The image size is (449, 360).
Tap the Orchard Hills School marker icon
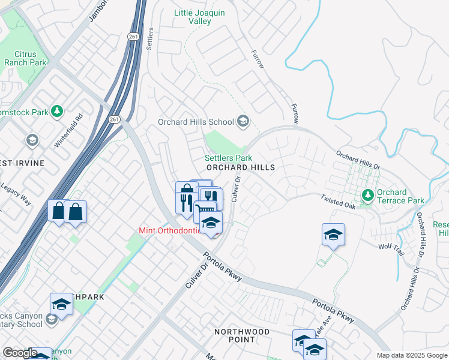[x=243, y=122]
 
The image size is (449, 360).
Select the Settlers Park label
[x=228, y=158]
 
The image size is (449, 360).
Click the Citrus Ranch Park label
[x=25, y=58]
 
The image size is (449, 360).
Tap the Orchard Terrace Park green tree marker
[x=367, y=196]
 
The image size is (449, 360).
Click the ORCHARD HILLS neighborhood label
[x=240, y=167]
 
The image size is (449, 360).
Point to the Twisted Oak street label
[x=338, y=202]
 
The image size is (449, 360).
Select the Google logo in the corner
[x=20, y=353]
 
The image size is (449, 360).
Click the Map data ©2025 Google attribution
[x=412, y=355]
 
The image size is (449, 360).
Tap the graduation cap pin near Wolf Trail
[x=333, y=234]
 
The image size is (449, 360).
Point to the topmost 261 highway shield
[x=133, y=37]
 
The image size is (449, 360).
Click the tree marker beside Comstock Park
[x=57, y=111]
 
